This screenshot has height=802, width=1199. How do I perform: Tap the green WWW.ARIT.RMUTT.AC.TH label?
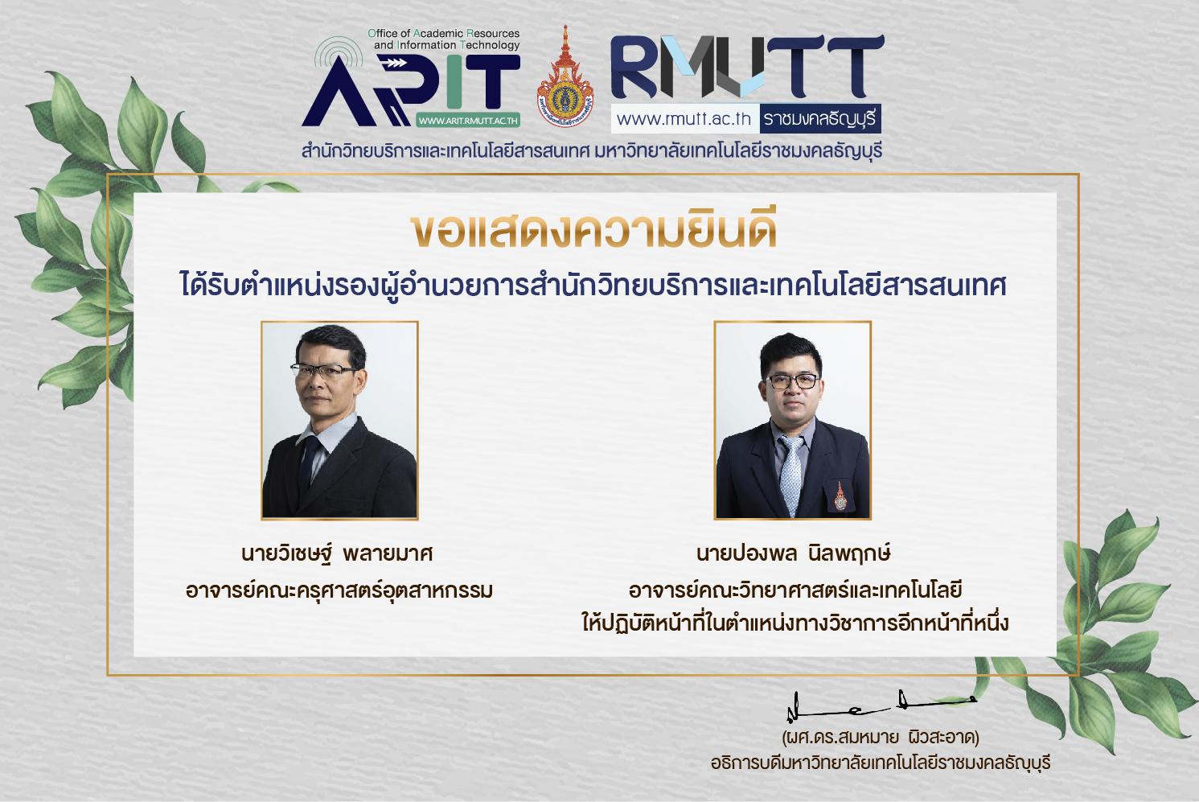click(x=468, y=121)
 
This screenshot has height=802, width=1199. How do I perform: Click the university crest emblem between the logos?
click(x=565, y=78)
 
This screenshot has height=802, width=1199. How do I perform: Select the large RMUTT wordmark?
click(x=747, y=67)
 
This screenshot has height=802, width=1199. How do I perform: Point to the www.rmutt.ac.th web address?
click(x=684, y=118)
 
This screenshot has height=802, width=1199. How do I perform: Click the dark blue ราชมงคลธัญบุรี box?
click(x=820, y=118)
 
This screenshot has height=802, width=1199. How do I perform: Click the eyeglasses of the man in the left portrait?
click(x=322, y=370)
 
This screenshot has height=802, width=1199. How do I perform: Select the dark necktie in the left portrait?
click(x=308, y=463)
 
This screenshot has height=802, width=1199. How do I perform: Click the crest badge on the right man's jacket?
click(x=840, y=496)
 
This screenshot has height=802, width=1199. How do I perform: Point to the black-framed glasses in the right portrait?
click(x=792, y=381)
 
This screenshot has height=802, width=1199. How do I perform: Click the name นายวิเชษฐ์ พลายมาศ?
click(x=337, y=553)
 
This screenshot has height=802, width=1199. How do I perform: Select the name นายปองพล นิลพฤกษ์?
click(x=793, y=553)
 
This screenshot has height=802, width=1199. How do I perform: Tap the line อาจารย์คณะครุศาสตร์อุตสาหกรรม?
click(x=339, y=590)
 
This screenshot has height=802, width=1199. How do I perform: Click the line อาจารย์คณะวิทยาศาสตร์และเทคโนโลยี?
click(x=795, y=590)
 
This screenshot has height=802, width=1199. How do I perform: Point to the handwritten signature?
click(x=881, y=705)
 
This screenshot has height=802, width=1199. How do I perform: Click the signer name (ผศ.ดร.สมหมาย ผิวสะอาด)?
click(x=881, y=738)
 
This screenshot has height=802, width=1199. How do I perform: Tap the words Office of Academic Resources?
click(x=444, y=33)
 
